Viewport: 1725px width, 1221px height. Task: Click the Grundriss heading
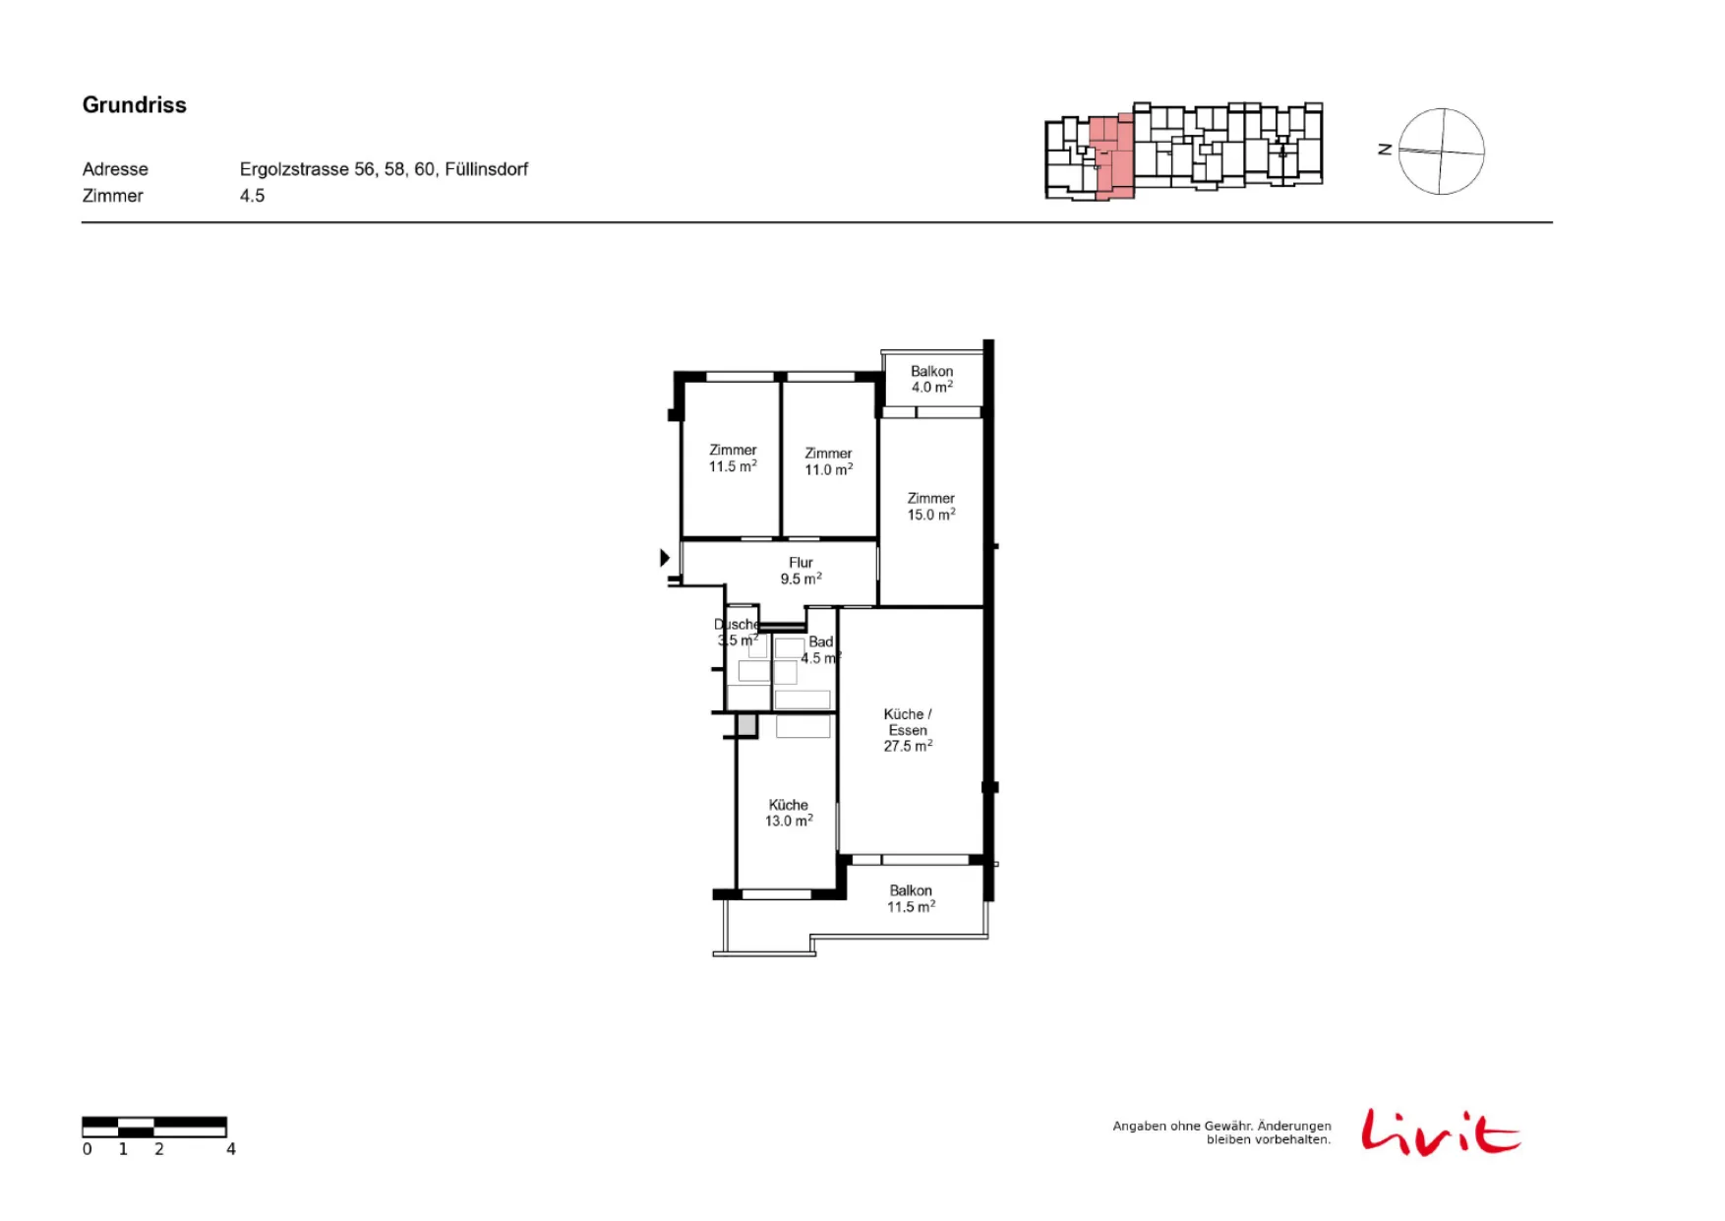135,105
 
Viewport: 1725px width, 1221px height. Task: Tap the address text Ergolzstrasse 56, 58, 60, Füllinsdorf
384,169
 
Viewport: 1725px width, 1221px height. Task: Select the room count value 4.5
252,196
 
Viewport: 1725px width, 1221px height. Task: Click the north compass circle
1441,109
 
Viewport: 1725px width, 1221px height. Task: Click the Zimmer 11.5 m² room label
733,458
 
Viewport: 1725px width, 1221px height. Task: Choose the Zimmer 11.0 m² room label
828,461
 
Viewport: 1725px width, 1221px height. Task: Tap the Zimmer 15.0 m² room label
931,507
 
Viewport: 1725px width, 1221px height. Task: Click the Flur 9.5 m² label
801,571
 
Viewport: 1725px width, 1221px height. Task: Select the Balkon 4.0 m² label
931,379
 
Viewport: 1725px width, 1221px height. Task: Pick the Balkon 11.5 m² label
911,898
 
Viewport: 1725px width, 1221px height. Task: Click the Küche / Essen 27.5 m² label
908,730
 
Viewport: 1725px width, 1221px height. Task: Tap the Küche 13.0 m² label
789,813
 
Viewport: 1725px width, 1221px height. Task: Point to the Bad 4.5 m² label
820,649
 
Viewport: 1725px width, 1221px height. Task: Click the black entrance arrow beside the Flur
665,558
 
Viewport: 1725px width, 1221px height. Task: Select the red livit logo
1441,1132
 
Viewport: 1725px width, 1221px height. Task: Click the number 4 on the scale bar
231,1149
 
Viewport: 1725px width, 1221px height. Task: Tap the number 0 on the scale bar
88,1149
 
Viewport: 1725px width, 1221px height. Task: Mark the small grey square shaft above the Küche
746,725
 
